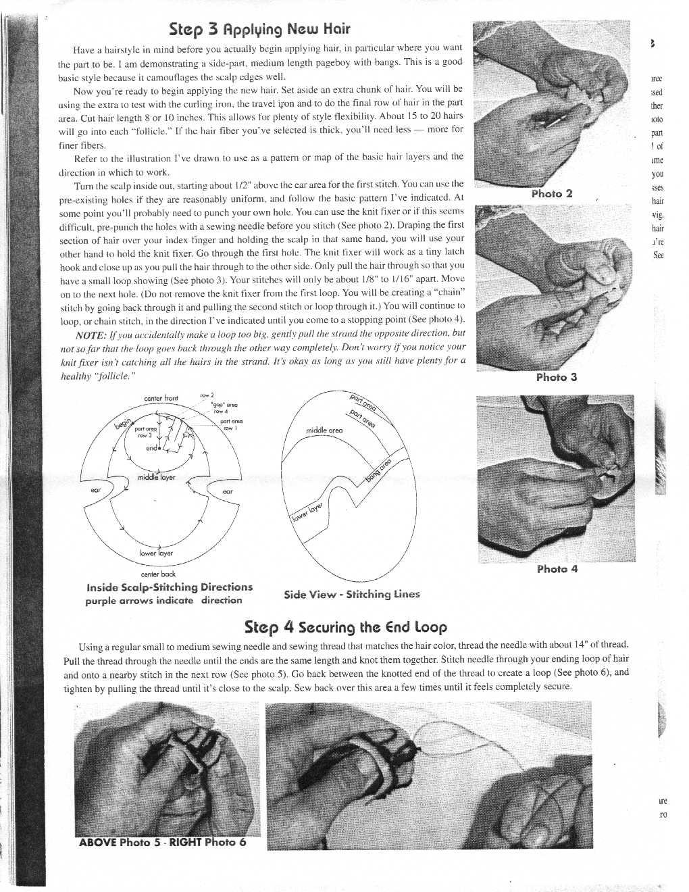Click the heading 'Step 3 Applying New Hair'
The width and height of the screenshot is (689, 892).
[260, 29]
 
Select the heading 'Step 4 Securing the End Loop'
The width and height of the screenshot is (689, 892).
[345, 627]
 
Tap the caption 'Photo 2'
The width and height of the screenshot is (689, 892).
[551, 194]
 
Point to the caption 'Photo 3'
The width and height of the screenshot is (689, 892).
[556, 377]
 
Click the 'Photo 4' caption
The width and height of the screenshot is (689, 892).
[557, 569]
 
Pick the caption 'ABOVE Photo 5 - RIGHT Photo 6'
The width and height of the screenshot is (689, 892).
[162, 842]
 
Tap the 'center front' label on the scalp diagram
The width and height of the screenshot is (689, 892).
[161, 399]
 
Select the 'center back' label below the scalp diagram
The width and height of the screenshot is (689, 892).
[159, 574]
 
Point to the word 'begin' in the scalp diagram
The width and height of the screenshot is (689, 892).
[122, 423]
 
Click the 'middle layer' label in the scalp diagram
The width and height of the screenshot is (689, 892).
[156, 477]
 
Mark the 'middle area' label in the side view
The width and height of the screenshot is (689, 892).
[324, 430]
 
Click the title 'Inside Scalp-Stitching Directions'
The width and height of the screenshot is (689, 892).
[170, 587]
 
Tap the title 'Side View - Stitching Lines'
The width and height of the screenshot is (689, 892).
[351, 594]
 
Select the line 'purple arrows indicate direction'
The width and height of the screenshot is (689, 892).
[163, 600]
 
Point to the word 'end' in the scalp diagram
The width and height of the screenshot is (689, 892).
[151, 448]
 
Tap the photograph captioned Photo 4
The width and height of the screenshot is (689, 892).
[555, 478]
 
